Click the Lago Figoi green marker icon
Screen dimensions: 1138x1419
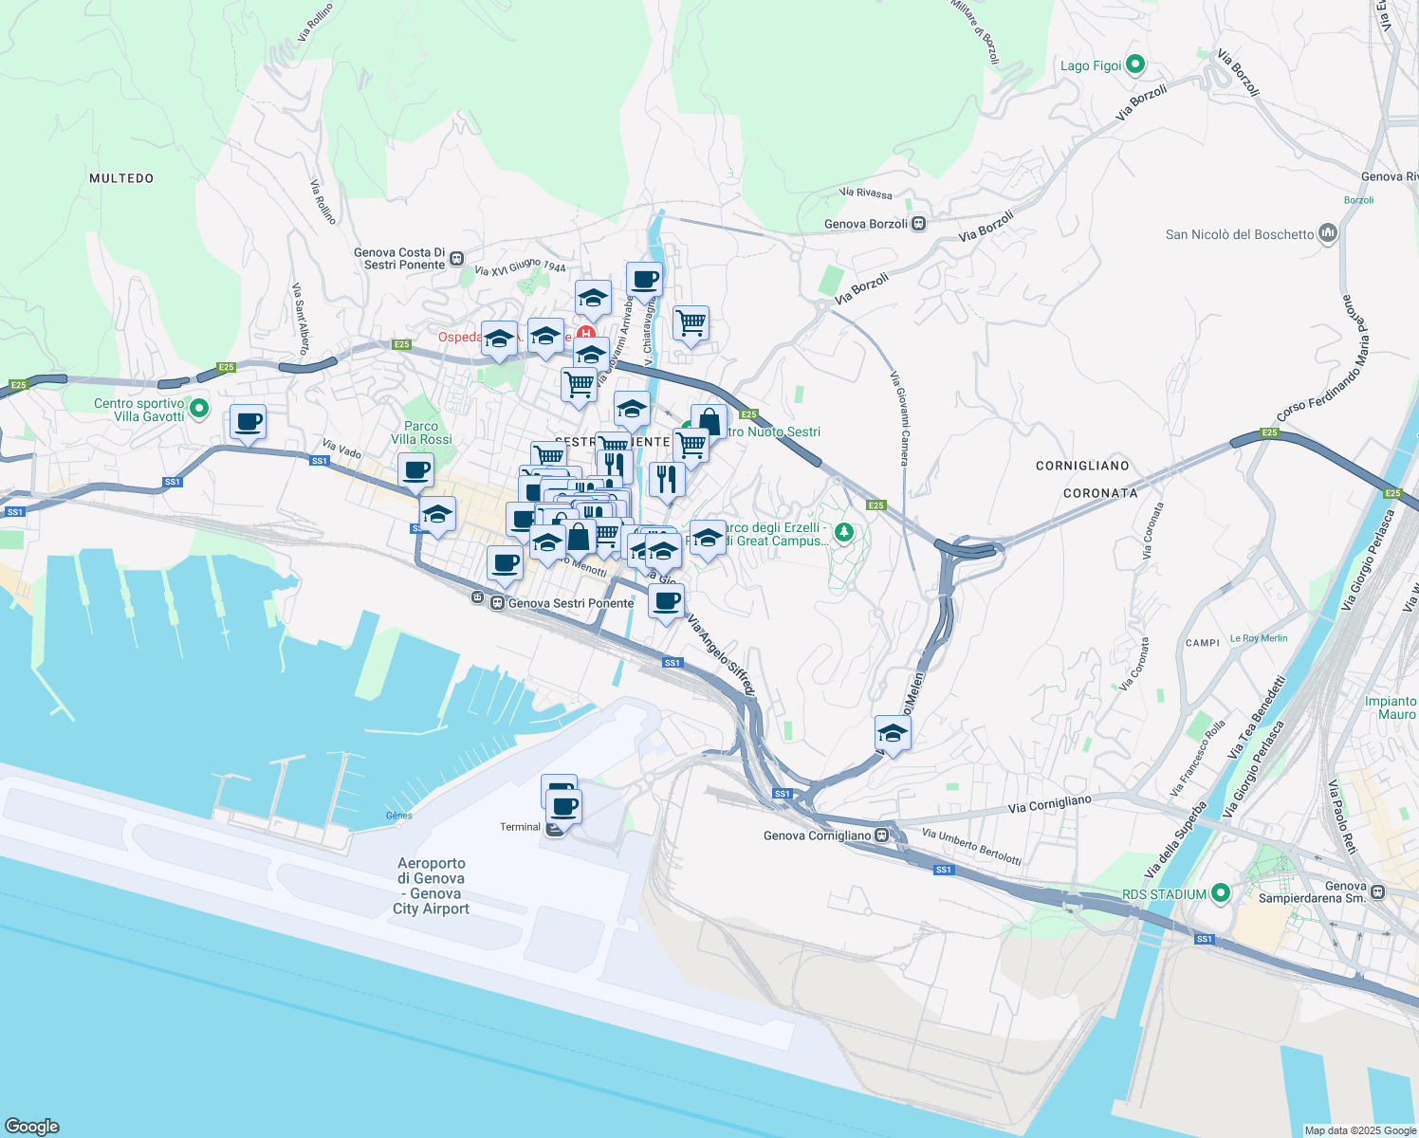[1135, 65]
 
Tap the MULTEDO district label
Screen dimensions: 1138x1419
[121, 178]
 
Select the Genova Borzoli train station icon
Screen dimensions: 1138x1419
[918, 224]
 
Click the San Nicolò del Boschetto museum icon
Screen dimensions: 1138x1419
[1328, 233]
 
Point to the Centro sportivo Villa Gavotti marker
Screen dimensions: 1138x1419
[199, 409]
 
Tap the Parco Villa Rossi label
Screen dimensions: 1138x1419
[421, 432]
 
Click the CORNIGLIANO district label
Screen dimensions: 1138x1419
[1082, 466]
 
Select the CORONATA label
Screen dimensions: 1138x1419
[1100, 493]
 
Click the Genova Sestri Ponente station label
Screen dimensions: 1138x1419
[570, 603]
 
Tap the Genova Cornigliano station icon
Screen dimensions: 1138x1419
[882, 835]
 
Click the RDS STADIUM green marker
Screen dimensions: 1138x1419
[1221, 893]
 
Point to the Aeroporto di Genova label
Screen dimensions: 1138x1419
[432, 886]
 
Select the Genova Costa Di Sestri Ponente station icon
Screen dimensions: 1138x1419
[457, 258]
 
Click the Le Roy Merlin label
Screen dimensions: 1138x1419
[1259, 638]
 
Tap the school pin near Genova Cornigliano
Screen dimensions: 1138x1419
[893, 732]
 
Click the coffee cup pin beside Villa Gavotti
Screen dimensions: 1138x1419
[248, 421]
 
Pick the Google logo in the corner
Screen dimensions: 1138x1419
[32, 1126]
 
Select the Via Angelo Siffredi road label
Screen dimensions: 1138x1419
[721, 655]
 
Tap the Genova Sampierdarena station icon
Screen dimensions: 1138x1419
[1377, 892]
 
